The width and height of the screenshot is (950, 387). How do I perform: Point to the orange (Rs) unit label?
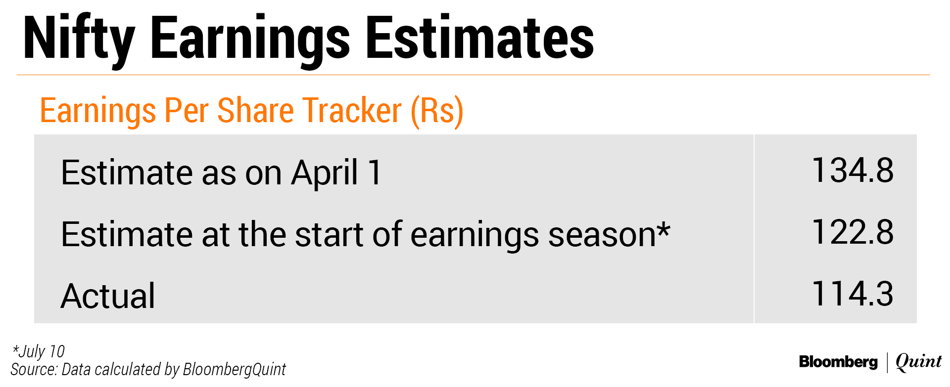437,111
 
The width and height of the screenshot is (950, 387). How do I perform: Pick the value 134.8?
853,171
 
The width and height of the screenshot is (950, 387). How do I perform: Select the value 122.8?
853,232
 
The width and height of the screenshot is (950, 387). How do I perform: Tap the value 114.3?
853,294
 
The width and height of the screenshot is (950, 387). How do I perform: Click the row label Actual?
108,296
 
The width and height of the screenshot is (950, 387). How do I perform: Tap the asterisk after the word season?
664,229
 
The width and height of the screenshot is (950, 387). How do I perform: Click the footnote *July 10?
38,351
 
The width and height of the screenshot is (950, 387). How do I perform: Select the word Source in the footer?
33,369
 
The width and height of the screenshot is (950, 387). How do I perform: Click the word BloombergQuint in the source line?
234,370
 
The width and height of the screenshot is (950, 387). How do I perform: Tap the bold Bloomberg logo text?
838,362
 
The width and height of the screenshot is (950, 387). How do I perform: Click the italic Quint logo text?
919,362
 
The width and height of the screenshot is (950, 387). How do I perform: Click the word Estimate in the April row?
127,173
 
